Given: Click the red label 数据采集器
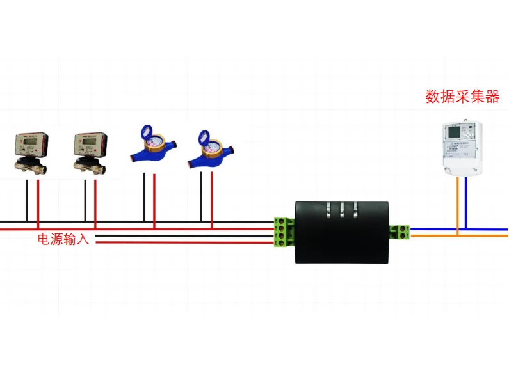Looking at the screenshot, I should coord(462,97).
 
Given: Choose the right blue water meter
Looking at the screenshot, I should coord(209,151).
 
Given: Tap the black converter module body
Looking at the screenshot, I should coord(341,232).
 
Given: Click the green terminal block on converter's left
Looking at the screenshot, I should coord(282,232).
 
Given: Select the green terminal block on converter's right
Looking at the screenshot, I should coord(401,232).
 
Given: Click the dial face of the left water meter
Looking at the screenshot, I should coord(153,139).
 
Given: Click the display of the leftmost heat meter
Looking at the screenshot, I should coord(29,141).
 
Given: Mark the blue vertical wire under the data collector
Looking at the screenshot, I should coord(467,203).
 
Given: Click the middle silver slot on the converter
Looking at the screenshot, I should coord(342,210).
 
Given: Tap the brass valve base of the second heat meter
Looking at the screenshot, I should coord(89,166).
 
